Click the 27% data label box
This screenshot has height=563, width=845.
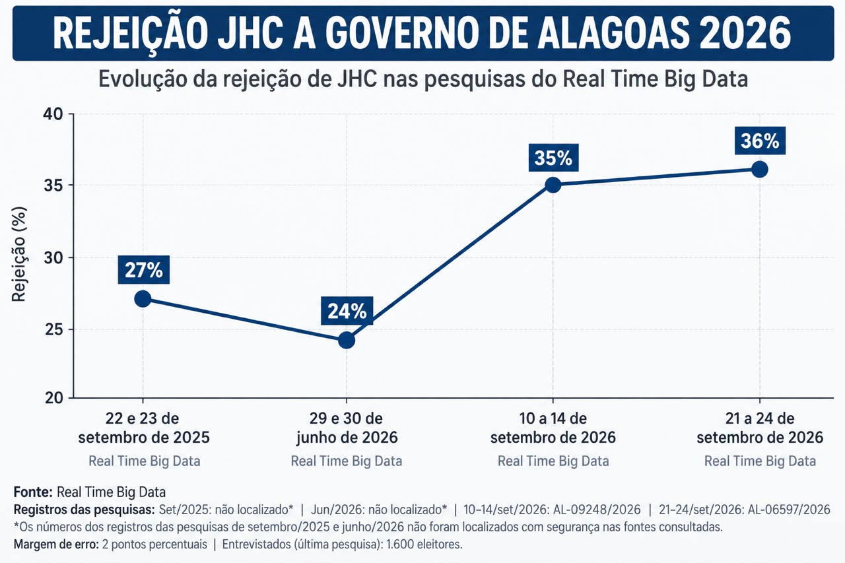[144, 270]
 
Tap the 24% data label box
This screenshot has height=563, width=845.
[347, 311]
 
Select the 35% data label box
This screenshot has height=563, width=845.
[553, 158]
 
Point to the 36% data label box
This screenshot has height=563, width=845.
[760, 141]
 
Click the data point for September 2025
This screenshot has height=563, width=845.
[143, 299]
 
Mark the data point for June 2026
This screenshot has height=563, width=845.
[347, 341]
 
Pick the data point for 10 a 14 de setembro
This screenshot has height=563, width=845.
[553, 185]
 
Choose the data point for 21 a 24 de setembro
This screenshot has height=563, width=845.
[760, 170]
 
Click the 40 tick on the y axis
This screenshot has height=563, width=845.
[53, 114]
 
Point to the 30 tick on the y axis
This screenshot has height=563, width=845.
[53, 258]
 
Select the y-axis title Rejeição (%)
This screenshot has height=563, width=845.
[19, 254]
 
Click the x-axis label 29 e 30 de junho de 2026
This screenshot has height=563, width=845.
[347, 428]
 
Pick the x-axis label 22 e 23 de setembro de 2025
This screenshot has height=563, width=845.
[144, 428]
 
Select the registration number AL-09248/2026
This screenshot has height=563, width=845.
[597, 510]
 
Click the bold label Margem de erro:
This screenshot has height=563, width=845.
[56, 544]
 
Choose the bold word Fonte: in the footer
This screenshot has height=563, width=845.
[33, 492]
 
